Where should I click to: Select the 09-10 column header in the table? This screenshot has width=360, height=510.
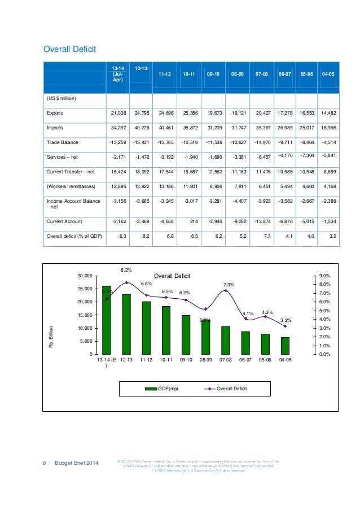click(213, 74)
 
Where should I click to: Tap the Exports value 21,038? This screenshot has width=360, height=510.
click(116, 113)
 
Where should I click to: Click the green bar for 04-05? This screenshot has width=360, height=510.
click(286, 345)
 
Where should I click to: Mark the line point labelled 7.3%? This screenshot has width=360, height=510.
click(226, 290)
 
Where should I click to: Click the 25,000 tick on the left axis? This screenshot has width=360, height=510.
click(84, 289)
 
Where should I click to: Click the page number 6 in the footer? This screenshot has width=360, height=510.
click(45, 464)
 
